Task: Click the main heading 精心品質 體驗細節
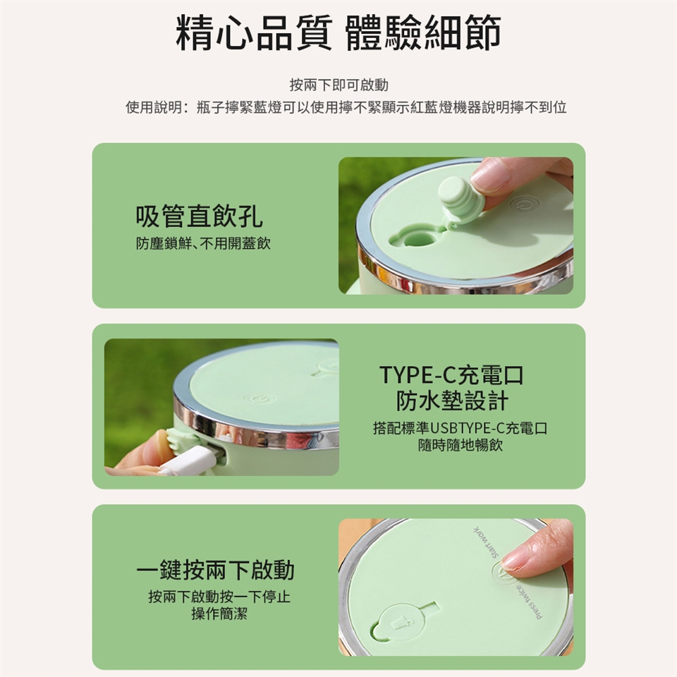pyautogui.click(x=338, y=33)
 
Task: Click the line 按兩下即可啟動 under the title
pyautogui.click(x=339, y=85)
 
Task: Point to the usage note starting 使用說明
pyautogui.click(x=346, y=107)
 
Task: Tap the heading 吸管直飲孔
pyautogui.click(x=199, y=216)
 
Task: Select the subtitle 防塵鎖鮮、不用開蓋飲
pyautogui.click(x=203, y=243)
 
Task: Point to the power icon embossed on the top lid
pyautogui.click(x=524, y=203)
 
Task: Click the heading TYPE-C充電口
pyautogui.click(x=451, y=374)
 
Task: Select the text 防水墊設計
pyautogui.click(x=452, y=401)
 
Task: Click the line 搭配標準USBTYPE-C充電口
pyautogui.click(x=461, y=428)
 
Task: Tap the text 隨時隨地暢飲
pyautogui.click(x=461, y=445)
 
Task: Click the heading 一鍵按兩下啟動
pyautogui.click(x=215, y=570)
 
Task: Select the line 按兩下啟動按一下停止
pyautogui.click(x=219, y=597)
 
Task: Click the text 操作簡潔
pyautogui.click(x=219, y=613)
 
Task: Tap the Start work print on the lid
pyautogui.click(x=487, y=543)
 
